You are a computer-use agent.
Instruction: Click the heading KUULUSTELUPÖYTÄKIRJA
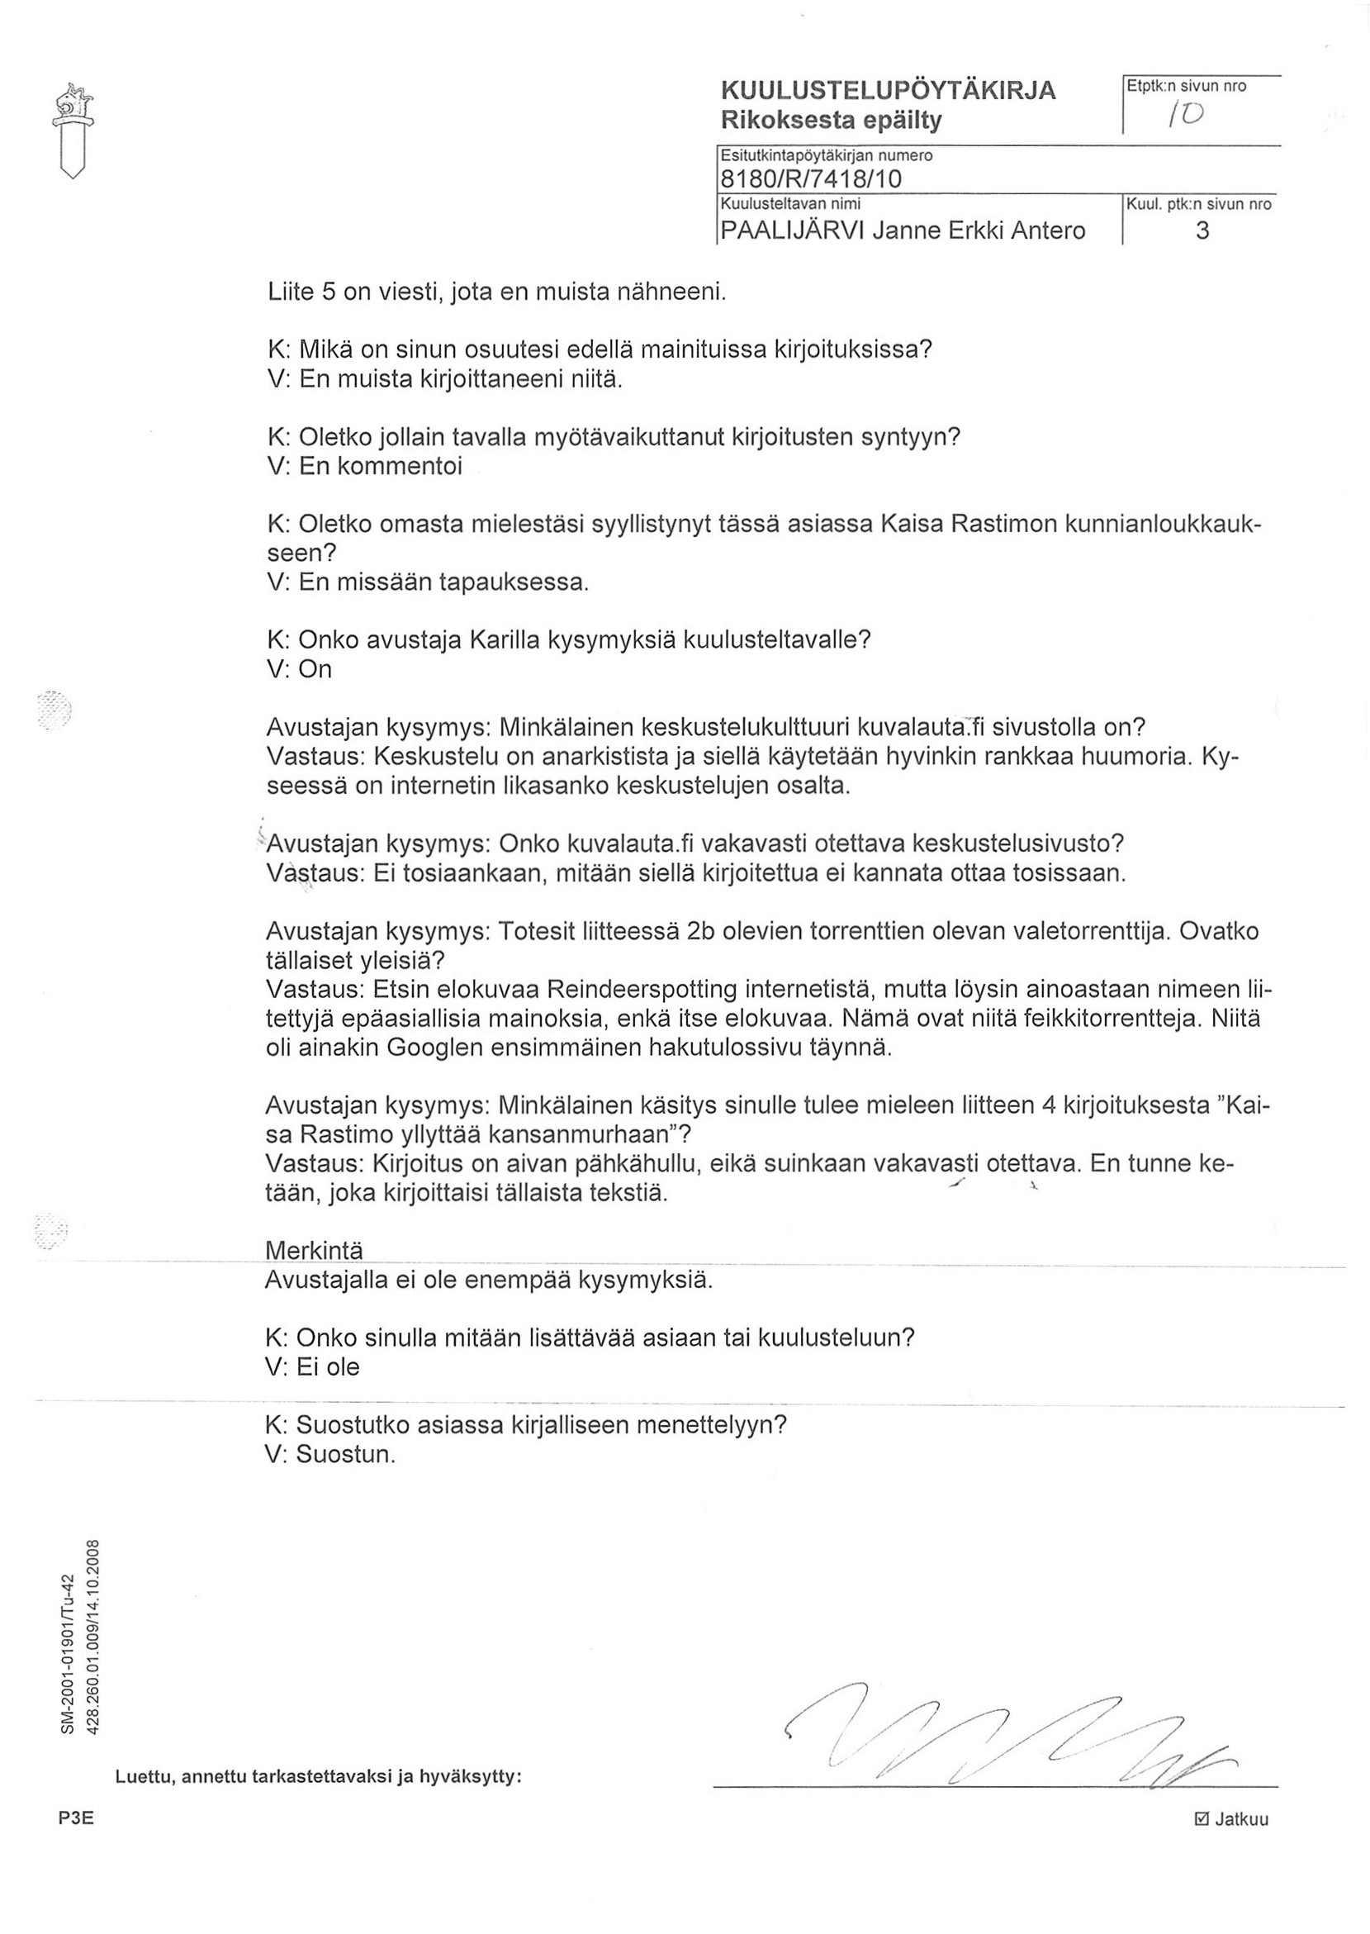tap(888, 90)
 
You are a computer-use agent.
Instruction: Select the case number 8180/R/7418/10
tap(810, 179)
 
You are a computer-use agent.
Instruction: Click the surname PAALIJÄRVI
tap(790, 230)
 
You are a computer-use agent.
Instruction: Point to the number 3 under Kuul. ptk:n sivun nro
tap(1202, 230)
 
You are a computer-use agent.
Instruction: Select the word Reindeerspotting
tap(640, 989)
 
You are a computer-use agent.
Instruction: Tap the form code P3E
tap(75, 1843)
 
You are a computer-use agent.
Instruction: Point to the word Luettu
tap(144, 1776)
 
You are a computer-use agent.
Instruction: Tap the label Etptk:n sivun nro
tap(1187, 86)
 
